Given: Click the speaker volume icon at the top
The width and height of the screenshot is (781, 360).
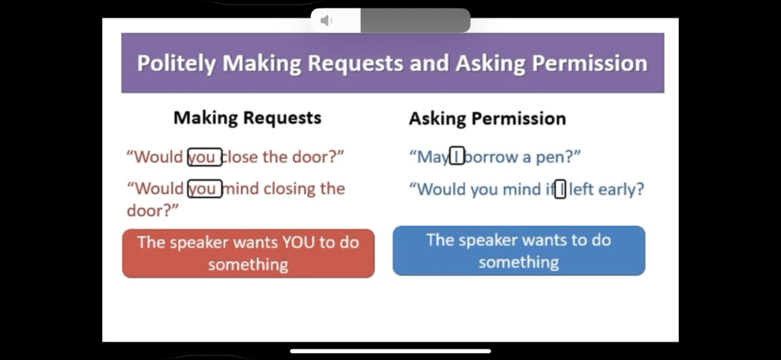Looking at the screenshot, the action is coord(326,21).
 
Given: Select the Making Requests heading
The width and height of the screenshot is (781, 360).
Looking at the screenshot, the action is coord(248,118).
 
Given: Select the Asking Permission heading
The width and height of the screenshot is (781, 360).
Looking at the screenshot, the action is coord(487,118).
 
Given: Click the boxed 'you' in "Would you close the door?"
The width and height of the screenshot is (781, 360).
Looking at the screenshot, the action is coord(204,157).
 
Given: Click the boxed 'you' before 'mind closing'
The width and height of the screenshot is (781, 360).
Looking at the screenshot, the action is coord(204,188).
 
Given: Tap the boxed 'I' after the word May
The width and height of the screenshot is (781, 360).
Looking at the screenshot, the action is coord(457,157).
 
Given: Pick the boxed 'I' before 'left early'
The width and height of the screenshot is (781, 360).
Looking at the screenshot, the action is coord(561,189).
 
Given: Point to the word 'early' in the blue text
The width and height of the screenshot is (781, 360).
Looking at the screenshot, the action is coord(621,190).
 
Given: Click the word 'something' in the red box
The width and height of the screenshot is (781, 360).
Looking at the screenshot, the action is coord(248,265).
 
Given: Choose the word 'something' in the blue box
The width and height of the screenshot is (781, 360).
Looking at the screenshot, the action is coord(519,262).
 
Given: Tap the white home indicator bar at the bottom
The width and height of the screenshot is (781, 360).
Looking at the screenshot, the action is coord(390,351).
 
